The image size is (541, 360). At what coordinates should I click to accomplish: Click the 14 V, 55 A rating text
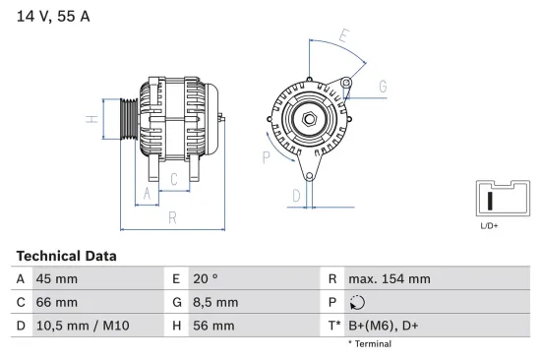coord(53,16)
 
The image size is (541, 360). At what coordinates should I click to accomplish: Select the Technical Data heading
coord(67,256)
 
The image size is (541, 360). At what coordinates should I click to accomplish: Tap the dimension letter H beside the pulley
coord(92,119)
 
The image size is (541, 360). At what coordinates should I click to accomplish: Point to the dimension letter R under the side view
coord(172,217)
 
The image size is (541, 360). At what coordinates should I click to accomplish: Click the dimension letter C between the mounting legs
coord(174,179)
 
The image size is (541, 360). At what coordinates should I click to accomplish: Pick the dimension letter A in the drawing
coord(147,194)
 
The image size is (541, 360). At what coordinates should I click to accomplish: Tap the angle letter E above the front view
coord(344,35)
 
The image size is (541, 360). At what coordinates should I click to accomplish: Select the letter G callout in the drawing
coord(383,87)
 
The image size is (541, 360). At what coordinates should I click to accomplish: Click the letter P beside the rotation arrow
coord(266,157)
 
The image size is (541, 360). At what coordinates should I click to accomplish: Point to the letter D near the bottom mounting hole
coord(296,196)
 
